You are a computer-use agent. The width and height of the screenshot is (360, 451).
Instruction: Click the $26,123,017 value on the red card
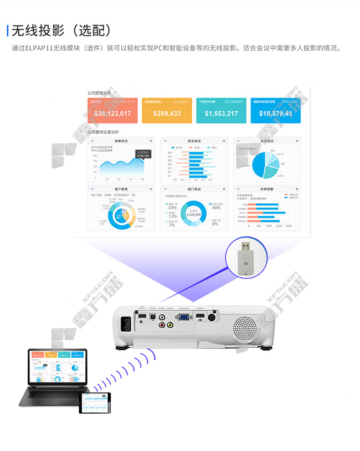(112, 113)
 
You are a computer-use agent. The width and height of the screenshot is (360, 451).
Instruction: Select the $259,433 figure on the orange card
(167, 113)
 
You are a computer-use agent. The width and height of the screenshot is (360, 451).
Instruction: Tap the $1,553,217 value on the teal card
(221, 113)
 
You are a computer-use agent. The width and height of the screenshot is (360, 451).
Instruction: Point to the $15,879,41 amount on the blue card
(275, 113)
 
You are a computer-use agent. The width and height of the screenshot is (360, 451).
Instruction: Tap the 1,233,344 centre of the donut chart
(193, 214)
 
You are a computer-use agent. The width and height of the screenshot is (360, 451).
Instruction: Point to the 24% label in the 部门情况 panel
(172, 207)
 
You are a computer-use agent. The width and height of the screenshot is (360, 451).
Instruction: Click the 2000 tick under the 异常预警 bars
(288, 225)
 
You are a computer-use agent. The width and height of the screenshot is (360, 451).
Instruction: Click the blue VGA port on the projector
(184, 318)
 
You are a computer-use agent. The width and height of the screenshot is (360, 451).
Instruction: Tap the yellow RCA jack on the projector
(170, 325)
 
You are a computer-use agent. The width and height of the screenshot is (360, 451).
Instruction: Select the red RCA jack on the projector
(161, 325)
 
